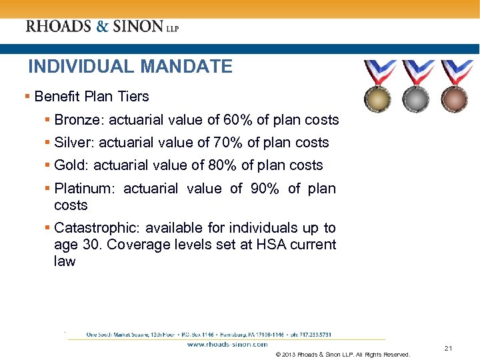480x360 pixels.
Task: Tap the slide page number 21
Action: coord(448,349)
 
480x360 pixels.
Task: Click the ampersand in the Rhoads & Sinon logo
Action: coord(102,27)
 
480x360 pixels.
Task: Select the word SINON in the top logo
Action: coord(137,27)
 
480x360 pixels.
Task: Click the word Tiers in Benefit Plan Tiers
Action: coord(134,97)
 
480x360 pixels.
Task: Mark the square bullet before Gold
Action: coord(48,165)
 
